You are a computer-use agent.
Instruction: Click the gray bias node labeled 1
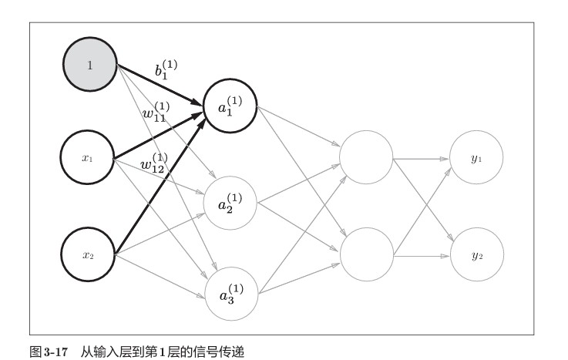pos(90,65)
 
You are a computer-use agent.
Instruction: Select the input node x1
pos(87,157)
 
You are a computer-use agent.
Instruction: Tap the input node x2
pos(88,254)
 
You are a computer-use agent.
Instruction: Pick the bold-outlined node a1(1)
pos(230,106)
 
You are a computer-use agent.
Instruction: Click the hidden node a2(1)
pos(230,204)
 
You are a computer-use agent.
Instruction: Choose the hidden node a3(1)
pos(231,294)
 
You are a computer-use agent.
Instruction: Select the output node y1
pos(476,157)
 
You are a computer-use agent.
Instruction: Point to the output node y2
pos(477,254)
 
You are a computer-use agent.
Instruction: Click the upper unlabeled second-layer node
pos(366,157)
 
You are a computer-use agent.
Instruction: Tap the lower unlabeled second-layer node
pos(367,254)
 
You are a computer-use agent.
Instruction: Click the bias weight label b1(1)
pos(166,69)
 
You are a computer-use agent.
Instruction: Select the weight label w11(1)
pos(156,112)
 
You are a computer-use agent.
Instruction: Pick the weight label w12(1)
pos(154,163)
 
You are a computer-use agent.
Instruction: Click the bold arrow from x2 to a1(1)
pos(160,186)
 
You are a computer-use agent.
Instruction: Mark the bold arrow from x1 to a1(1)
pos(158,136)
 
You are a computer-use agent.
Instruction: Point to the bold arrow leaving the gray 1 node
pos(160,85)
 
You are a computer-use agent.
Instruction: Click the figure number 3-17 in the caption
pos(55,352)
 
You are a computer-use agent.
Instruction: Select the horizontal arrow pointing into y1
pos(422,159)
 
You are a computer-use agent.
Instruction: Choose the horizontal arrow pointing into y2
pos(422,256)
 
